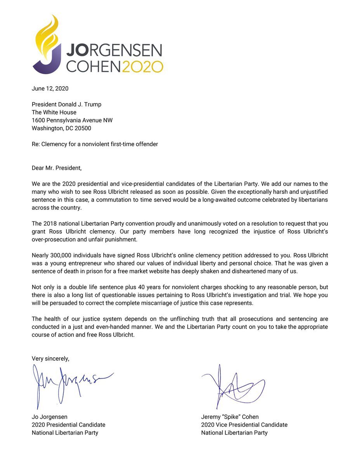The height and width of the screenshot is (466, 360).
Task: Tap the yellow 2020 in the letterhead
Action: pyautogui.click(x=142, y=67)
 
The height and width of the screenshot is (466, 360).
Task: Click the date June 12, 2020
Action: pyautogui.click(x=50, y=89)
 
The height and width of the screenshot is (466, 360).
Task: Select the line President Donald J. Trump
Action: pyautogui.click(x=67, y=104)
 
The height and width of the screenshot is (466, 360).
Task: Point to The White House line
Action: pyautogui.click(x=54, y=112)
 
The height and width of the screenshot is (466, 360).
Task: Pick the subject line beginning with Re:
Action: pyautogui.click(x=95, y=144)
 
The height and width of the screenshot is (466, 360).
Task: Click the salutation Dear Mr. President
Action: pyautogui.click(x=57, y=168)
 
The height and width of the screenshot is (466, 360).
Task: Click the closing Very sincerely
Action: pyautogui.click(x=50, y=359)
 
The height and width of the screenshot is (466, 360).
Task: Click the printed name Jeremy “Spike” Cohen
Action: pyautogui.click(x=230, y=417)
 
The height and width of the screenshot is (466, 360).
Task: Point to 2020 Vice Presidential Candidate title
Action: pyautogui.click(x=244, y=425)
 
